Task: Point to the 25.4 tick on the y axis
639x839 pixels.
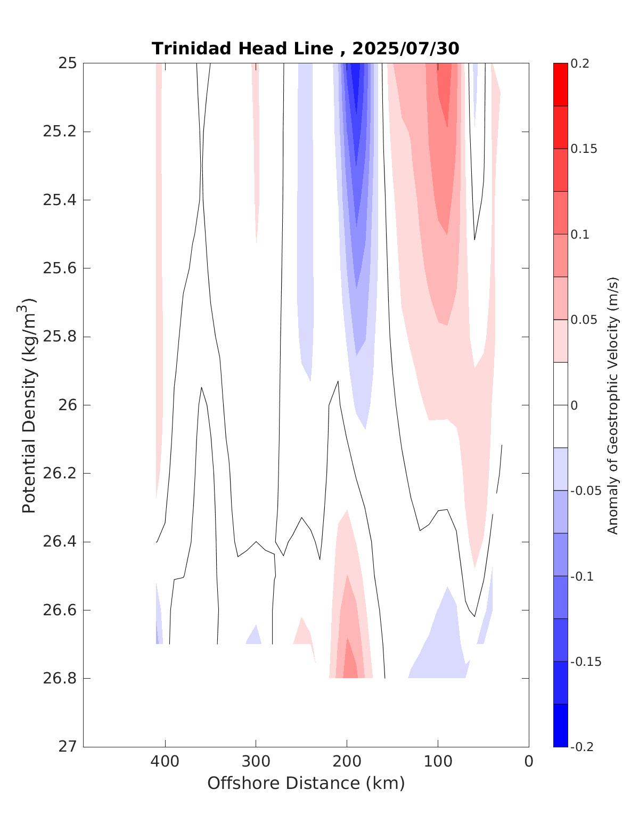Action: tap(59, 200)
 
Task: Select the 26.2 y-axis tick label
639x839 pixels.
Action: tap(59, 474)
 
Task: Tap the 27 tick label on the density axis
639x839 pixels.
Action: tap(68, 747)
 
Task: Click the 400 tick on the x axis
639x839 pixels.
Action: tap(165, 762)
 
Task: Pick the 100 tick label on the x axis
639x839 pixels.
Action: tap(438, 762)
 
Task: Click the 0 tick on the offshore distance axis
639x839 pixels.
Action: tap(528, 762)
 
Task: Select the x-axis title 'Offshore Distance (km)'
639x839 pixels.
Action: tap(306, 784)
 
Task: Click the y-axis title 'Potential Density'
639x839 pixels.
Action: tap(29, 405)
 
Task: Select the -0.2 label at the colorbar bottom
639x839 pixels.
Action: tap(581, 747)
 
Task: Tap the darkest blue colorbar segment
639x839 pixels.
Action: tap(560, 726)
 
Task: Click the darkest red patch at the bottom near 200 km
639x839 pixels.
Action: tap(350, 666)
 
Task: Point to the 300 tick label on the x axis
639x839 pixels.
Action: tap(256, 762)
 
